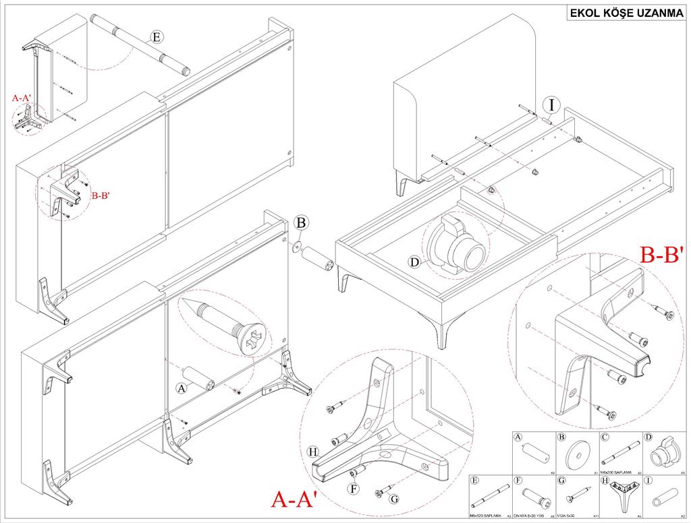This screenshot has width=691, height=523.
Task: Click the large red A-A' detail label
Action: pos(294,499)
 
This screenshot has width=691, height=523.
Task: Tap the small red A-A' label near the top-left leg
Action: pos(21,98)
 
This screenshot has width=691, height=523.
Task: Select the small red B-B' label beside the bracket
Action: pos(101,195)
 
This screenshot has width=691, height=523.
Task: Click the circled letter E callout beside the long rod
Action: pos(157,38)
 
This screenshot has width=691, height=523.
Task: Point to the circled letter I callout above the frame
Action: pos(552,104)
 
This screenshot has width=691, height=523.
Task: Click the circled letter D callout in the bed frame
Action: pos(414,261)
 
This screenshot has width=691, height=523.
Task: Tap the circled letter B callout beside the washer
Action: pos(302,222)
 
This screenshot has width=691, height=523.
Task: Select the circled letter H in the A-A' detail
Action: pos(312,451)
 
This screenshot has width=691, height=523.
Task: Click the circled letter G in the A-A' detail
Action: pos(395,499)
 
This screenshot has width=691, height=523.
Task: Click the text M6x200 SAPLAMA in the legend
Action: pos(615,471)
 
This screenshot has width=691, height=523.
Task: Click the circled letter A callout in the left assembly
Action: pos(180,388)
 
